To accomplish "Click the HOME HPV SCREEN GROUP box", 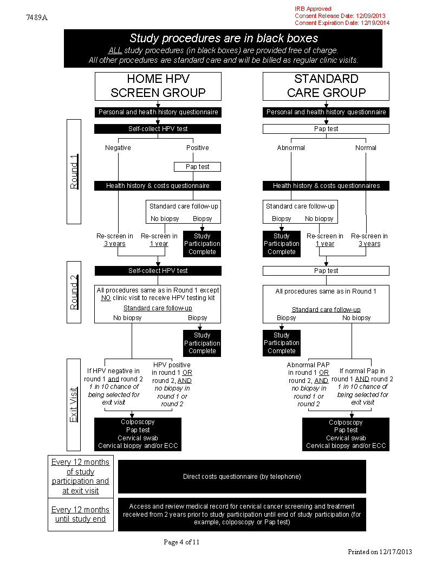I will click(158, 86).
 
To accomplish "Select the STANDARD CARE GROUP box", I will click(326, 86).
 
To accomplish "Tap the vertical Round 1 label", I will click(74, 172).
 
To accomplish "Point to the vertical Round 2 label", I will click(74, 292).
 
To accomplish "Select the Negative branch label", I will click(118, 147).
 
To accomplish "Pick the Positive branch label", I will click(197, 147).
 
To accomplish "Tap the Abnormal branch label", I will click(291, 147).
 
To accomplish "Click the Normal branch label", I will click(366, 147).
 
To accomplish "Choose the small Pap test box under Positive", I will click(197, 167).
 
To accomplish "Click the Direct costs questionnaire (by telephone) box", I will click(242, 477).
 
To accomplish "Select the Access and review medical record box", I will click(242, 514).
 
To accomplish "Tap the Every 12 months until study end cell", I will click(81, 515).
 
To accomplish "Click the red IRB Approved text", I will click(313, 9).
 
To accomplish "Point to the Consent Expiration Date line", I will click(342, 23).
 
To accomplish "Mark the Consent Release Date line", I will click(340, 16).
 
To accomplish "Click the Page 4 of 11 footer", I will click(181, 542).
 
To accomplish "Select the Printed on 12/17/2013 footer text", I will click(380, 551).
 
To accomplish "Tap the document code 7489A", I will click(37, 17).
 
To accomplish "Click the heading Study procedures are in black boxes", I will click(223, 38).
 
